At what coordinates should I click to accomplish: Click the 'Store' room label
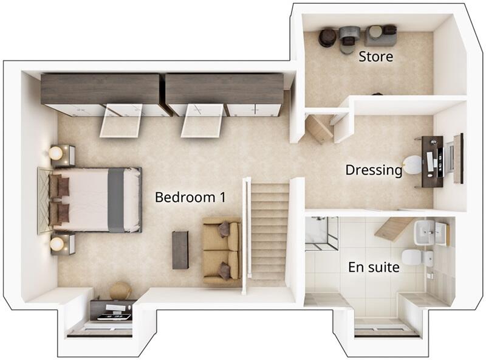(x=375, y=57)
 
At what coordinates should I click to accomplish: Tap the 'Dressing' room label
(x=374, y=170)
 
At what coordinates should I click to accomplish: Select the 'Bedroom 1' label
(x=190, y=197)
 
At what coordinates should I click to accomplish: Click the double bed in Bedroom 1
(x=97, y=199)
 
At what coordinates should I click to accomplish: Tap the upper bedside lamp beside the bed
(x=56, y=153)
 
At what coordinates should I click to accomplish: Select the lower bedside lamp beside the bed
(x=57, y=244)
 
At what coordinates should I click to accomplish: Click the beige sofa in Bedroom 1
(x=221, y=250)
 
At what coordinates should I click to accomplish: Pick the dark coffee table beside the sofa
(x=180, y=249)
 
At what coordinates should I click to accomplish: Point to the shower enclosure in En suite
(x=321, y=233)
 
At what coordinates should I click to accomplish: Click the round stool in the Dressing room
(x=414, y=164)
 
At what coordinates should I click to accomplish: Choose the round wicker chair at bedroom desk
(x=120, y=290)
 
